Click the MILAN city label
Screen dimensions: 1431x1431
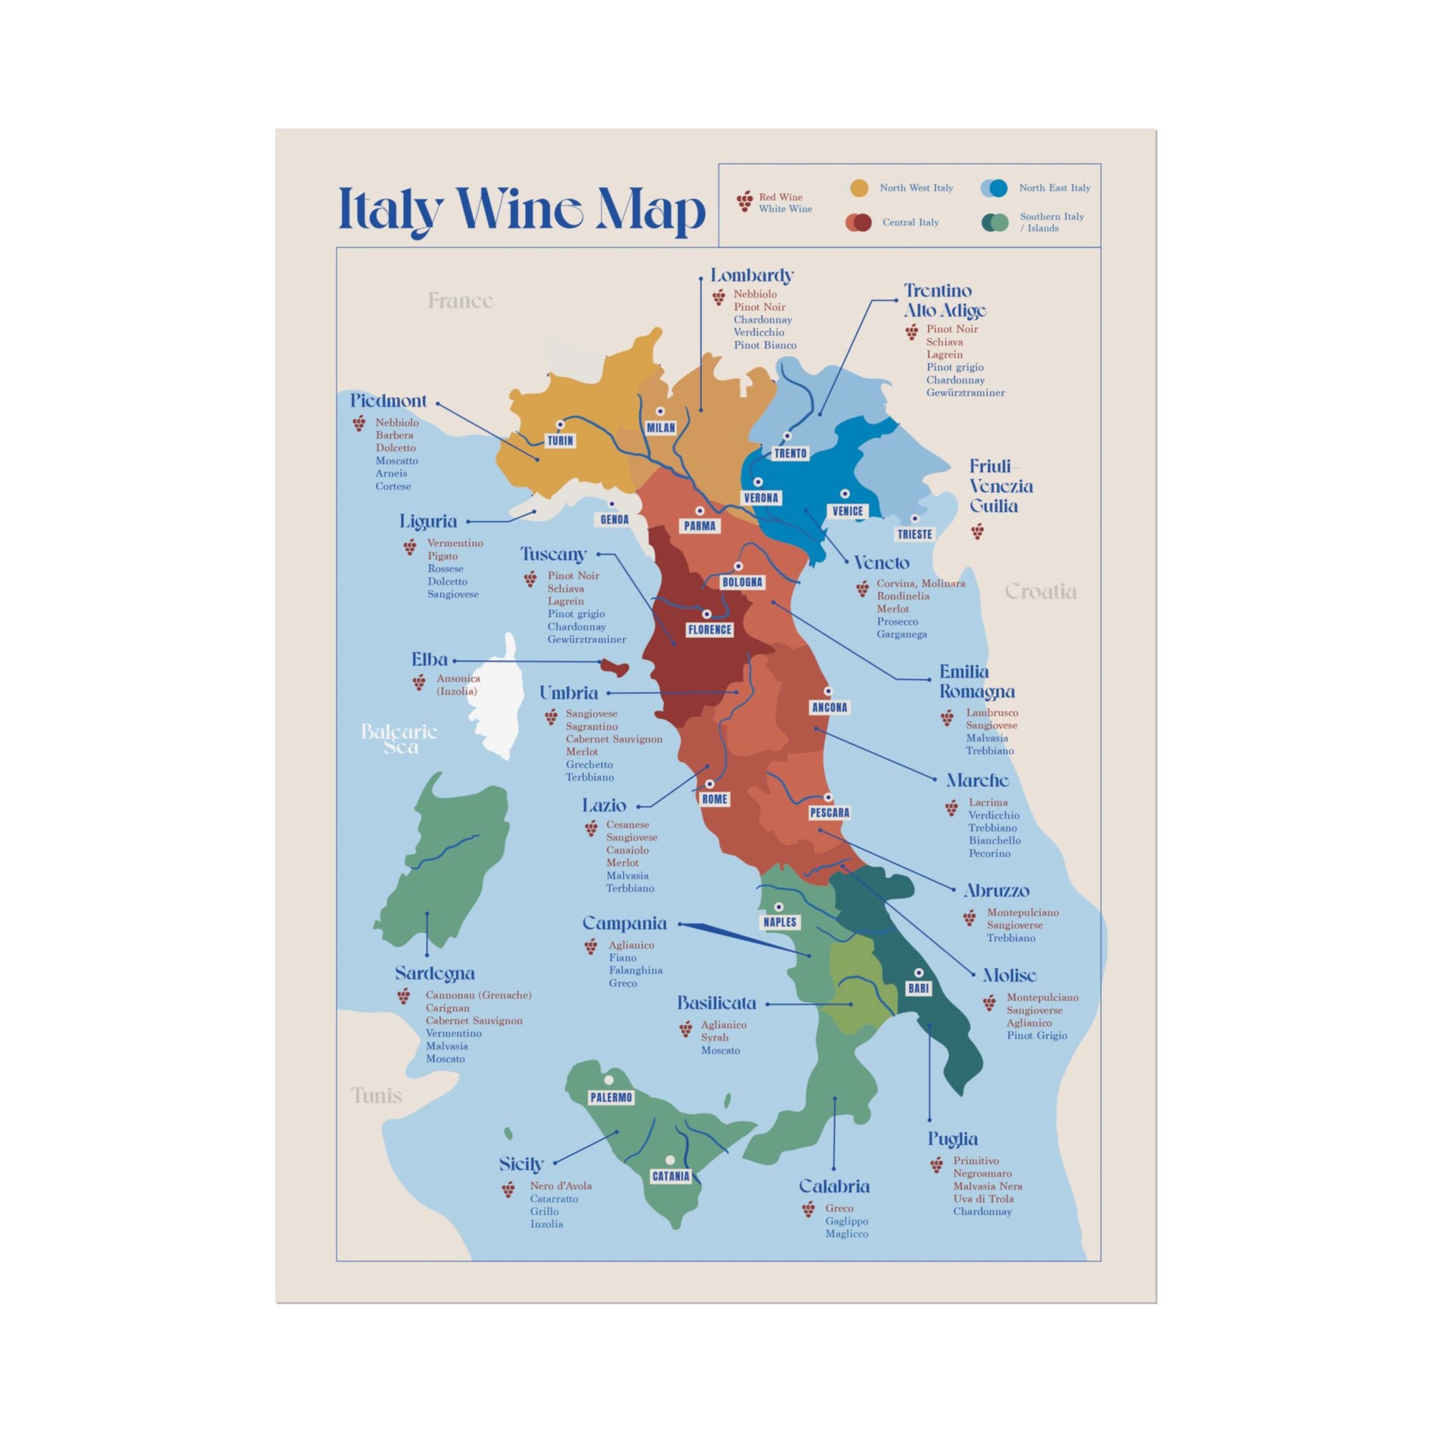(x=660, y=427)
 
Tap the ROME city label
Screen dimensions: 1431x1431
(x=715, y=799)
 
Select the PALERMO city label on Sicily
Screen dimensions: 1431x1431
(x=611, y=1097)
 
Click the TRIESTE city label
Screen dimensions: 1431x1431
(x=914, y=534)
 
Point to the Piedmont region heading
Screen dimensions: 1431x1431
(x=388, y=401)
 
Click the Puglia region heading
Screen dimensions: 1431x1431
(x=952, y=1138)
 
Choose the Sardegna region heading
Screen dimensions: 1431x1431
(x=435, y=973)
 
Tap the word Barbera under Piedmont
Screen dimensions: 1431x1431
(x=394, y=436)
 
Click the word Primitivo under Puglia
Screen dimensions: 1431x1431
(x=975, y=1161)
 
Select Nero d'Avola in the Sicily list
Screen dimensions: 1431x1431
(x=561, y=1186)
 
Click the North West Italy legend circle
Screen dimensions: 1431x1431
(x=859, y=188)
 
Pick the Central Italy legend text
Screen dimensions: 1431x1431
(x=910, y=223)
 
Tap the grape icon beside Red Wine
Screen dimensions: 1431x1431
(x=745, y=201)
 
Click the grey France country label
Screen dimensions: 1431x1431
(x=461, y=301)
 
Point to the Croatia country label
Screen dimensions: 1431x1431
(x=1040, y=591)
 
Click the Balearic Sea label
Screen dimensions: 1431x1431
(x=400, y=739)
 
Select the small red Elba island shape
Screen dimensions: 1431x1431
(x=614, y=668)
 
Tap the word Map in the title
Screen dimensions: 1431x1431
(x=650, y=211)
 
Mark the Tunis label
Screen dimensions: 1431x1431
(x=376, y=1095)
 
